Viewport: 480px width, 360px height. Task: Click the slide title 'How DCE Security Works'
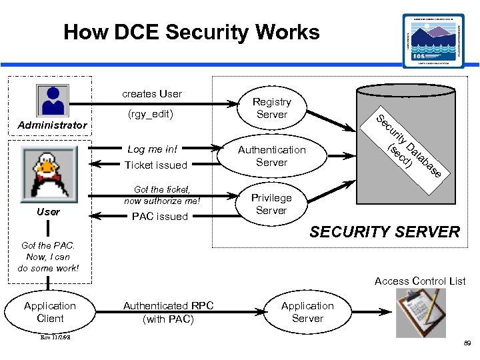coord(191,32)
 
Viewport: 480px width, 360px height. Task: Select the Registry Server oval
coord(271,108)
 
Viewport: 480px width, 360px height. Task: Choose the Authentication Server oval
coord(271,156)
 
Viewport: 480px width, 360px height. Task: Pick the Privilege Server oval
coord(271,204)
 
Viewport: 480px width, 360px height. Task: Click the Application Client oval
coord(50,312)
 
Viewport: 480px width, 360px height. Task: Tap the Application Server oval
coord(307,312)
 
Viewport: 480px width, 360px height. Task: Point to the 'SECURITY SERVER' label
coord(385,232)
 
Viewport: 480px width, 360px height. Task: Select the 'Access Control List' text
coord(420,281)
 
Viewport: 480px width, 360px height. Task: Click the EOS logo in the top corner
coord(434,40)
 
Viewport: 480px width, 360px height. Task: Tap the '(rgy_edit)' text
coord(150,114)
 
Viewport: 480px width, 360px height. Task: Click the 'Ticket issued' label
coord(156,165)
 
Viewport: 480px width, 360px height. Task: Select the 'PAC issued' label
coord(160,216)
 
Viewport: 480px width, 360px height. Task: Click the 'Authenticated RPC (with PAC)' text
coord(168,312)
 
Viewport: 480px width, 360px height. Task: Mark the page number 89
coord(466,343)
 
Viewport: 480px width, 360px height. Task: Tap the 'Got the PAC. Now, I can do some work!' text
coord(48,257)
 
